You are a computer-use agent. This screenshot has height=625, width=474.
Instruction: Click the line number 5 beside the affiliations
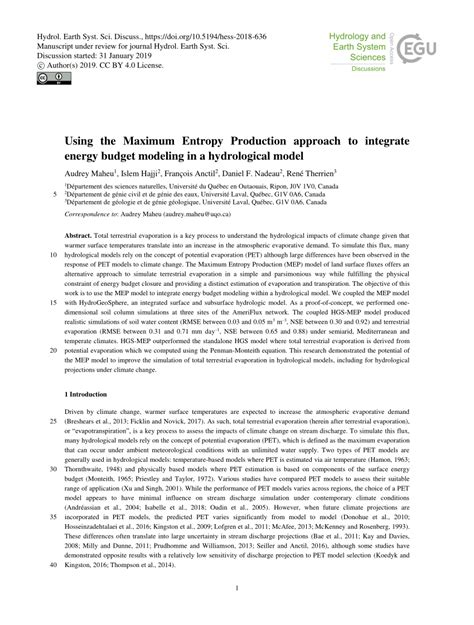point(55,192)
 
